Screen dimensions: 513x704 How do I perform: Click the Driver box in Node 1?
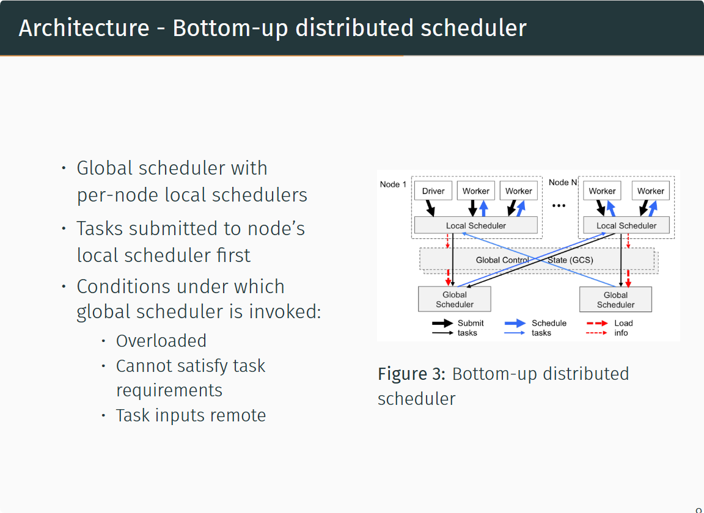point(433,191)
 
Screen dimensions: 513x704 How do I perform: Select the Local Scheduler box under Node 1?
point(476,225)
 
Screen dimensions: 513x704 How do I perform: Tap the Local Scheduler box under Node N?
point(626,225)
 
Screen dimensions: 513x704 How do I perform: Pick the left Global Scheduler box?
point(455,299)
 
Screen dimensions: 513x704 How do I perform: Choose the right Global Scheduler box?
point(615,299)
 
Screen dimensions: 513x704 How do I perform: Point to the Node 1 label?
point(393,184)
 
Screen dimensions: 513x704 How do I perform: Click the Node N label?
point(562,183)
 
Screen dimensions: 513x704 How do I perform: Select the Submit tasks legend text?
point(471,328)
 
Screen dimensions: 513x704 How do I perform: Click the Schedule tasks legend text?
point(548,328)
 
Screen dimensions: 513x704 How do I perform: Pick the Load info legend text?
point(623,328)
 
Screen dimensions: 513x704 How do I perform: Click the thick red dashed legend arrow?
point(596,323)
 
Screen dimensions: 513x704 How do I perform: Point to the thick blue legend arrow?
point(515,323)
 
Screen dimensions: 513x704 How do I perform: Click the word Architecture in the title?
point(84,28)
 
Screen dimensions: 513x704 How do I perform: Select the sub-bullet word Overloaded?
point(161,341)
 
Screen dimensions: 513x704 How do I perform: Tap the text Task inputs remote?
point(191,415)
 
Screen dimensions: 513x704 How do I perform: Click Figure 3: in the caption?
point(412,374)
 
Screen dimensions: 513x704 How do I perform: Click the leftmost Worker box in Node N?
point(602,191)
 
